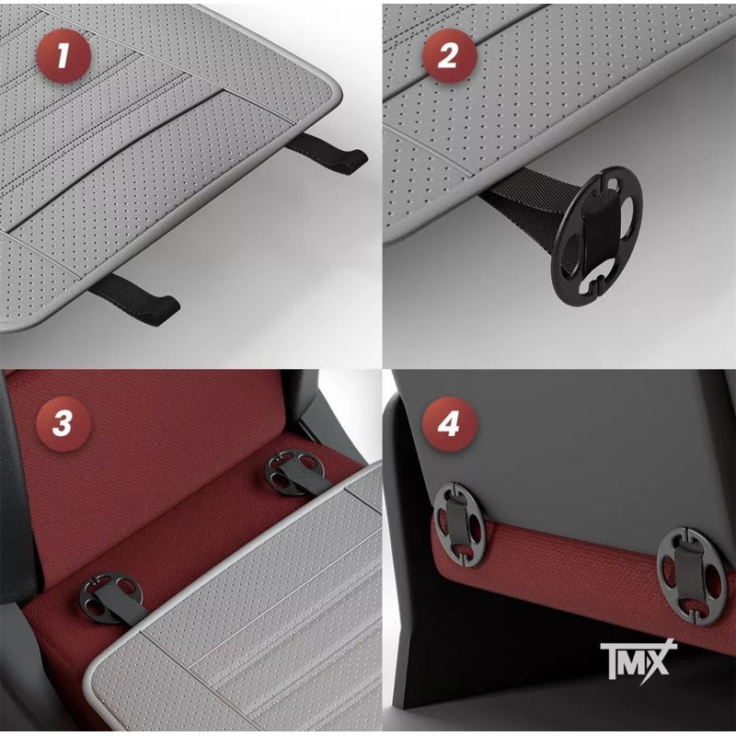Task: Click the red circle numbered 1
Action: (x=63, y=56)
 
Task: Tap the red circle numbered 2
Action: (x=449, y=56)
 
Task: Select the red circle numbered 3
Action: (x=63, y=424)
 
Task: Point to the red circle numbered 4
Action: (x=449, y=424)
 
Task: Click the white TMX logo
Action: (x=638, y=659)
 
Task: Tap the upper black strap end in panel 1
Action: (x=328, y=154)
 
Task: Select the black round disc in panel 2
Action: (x=596, y=236)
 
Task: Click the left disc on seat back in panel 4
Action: (x=458, y=524)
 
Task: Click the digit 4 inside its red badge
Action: (x=449, y=424)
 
